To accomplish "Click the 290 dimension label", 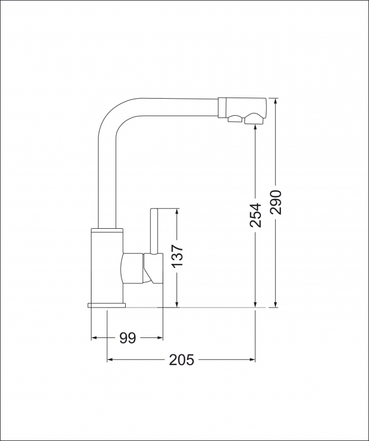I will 276,202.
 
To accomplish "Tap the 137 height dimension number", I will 177,256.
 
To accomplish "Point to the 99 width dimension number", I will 127,338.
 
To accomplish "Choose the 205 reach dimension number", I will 181,360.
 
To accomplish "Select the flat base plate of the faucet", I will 106,305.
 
